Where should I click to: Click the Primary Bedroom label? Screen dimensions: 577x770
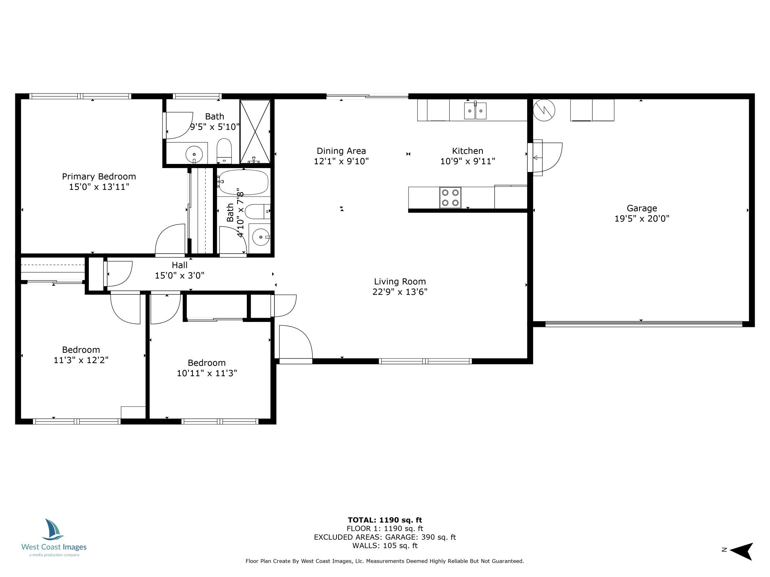99,177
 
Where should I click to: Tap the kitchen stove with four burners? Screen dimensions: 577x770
450,197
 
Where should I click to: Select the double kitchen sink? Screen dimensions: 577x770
475,111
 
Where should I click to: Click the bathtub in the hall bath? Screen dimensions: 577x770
243,182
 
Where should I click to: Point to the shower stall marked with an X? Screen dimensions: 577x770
255,131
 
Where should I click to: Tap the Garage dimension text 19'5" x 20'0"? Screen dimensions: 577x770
641,219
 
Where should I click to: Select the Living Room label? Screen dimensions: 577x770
400,282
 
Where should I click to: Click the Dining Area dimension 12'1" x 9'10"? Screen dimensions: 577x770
341,161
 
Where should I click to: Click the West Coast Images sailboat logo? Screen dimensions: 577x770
53,530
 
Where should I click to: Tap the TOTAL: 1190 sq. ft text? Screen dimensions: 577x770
385,520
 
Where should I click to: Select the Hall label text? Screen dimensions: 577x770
179,265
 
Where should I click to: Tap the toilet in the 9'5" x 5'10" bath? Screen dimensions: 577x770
224,152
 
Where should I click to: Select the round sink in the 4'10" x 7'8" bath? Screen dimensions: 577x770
261,237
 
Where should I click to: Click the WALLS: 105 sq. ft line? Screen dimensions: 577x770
385,545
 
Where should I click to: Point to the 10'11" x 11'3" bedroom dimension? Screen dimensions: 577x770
207,373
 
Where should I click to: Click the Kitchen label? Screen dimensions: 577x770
467,151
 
